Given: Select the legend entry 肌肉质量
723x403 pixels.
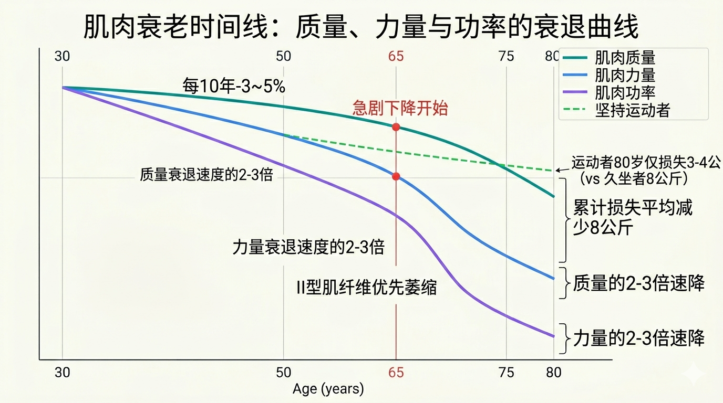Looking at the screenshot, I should tap(625, 58).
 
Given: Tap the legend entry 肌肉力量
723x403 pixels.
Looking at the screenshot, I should tap(625, 75).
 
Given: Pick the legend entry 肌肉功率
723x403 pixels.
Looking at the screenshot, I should tap(625, 92).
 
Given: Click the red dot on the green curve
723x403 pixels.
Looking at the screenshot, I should tap(396, 127).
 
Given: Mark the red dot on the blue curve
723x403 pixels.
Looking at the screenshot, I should tap(396, 176).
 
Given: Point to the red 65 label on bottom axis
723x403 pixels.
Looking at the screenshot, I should tap(396, 373).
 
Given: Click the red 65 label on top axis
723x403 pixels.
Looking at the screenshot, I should tap(396, 56).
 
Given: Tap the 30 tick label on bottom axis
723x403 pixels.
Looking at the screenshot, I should tap(63, 373).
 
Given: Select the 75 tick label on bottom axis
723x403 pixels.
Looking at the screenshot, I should tap(507, 373).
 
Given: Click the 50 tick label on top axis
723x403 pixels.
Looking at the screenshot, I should tap(283, 56).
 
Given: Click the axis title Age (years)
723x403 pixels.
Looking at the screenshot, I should tap(328, 389).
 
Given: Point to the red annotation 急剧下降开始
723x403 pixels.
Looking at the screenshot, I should tap(400, 108).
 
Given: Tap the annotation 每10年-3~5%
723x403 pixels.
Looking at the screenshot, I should tap(234, 86).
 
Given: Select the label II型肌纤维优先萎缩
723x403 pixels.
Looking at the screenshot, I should tap(366, 287).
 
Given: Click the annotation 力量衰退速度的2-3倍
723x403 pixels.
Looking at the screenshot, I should tap(308, 247).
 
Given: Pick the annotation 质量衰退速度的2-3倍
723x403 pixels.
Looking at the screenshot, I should tap(206, 175).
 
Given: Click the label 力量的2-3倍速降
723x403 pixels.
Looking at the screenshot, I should tap(638, 338).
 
